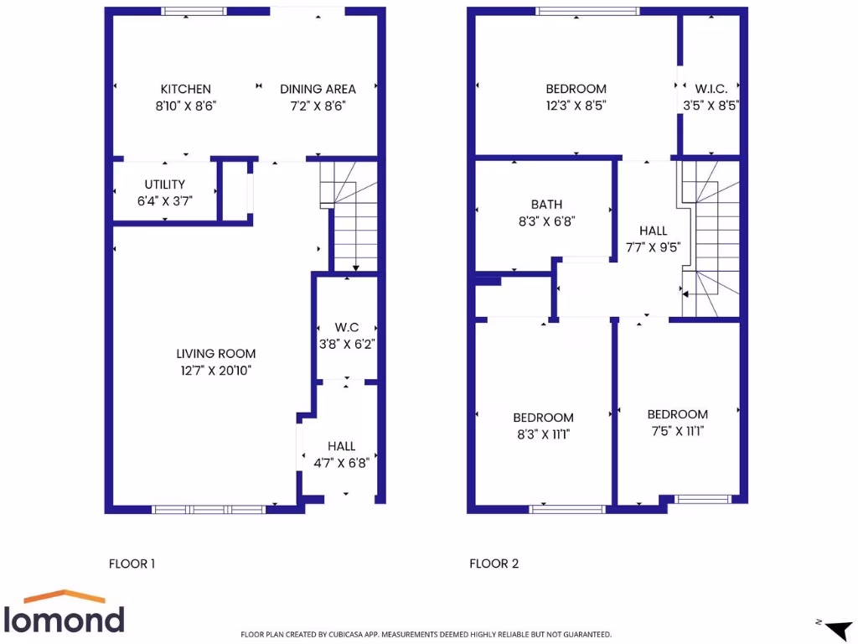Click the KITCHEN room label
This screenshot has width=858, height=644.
click(x=186, y=89)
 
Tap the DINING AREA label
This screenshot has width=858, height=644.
click(x=318, y=89)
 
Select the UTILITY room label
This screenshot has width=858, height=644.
click(x=165, y=184)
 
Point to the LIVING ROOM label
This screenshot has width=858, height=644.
click(x=216, y=354)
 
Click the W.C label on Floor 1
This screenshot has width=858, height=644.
click(x=347, y=326)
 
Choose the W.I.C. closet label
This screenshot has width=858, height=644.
click(x=711, y=89)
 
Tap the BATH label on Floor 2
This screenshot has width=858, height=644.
click(x=547, y=205)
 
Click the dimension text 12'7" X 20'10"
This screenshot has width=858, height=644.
click(x=216, y=371)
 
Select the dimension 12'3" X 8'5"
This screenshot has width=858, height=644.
click(x=576, y=106)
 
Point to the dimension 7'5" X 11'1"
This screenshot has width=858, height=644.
click(x=677, y=431)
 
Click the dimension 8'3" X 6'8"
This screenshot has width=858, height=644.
click(x=547, y=221)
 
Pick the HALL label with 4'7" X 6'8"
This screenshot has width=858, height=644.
click(x=342, y=446)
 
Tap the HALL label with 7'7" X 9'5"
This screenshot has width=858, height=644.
click(x=654, y=231)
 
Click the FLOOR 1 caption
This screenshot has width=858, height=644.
click(x=132, y=563)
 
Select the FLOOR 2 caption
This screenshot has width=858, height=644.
click(x=494, y=563)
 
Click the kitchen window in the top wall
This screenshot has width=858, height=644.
click(x=194, y=11)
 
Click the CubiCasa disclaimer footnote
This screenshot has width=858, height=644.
click(x=426, y=635)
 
